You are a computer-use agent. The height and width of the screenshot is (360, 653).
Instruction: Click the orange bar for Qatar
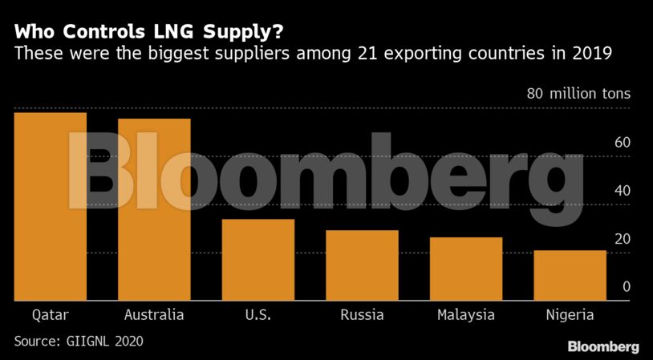(50, 207)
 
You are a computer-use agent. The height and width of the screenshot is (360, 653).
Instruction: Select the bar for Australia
(154, 210)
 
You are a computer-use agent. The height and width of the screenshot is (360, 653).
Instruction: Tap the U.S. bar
(258, 260)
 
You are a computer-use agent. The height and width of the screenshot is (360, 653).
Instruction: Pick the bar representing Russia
(362, 265)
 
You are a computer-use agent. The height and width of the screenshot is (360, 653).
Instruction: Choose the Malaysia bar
(466, 269)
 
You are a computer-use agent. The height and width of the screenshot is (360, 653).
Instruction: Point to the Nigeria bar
(570, 275)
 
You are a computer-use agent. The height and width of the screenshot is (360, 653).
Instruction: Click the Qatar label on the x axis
(50, 314)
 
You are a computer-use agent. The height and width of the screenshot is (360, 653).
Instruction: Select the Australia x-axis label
(154, 314)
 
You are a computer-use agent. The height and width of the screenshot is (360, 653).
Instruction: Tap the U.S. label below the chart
(258, 314)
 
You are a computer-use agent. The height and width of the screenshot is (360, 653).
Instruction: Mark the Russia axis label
(362, 314)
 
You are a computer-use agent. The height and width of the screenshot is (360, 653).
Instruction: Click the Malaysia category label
(466, 314)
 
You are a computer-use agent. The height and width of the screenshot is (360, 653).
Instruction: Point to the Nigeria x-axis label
(570, 314)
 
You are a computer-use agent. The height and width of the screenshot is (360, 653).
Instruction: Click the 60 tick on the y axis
(623, 143)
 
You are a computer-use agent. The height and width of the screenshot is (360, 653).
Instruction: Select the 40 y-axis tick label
(623, 191)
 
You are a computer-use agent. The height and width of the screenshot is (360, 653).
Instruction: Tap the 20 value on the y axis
(623, 239)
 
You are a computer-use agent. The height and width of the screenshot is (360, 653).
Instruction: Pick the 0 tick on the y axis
(627, 287)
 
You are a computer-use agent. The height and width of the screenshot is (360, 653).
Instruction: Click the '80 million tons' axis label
(578, 94)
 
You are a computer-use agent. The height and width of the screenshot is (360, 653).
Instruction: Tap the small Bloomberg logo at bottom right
(603, 346)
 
